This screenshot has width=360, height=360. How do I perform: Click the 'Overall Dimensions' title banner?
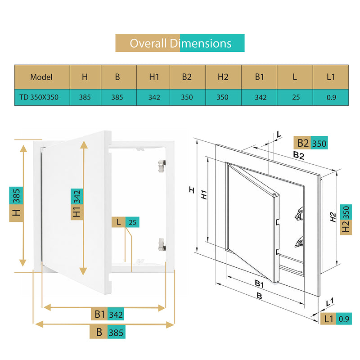[180, 43]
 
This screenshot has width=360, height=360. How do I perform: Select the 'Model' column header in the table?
[42, 77]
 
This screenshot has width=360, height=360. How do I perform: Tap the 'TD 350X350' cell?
[42, 97]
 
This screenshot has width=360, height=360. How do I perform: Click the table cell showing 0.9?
[331, 97]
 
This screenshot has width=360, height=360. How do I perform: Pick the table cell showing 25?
[295, 97]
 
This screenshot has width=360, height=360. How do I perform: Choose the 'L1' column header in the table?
[331, 77]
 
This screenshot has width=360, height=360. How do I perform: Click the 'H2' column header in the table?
[223, 77]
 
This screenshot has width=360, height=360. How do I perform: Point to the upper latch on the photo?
[162, 166]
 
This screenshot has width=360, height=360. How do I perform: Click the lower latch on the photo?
[162, 244]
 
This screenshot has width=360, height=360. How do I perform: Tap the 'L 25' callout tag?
[126, 222]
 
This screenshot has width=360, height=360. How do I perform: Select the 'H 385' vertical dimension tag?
[16, 204]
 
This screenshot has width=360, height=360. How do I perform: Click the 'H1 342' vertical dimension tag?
[76, 204]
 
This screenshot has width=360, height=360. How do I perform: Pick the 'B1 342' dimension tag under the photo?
[108, 314]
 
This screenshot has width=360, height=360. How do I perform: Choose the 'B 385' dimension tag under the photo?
[108, 332]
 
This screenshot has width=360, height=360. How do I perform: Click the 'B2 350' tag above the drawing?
[310, 143]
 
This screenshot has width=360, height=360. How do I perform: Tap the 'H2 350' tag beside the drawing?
[346, 220]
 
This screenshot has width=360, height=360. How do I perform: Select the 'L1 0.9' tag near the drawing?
[336, 319]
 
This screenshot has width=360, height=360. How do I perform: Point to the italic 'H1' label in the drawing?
[204, 195]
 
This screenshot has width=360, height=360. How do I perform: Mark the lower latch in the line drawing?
[299, 242]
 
